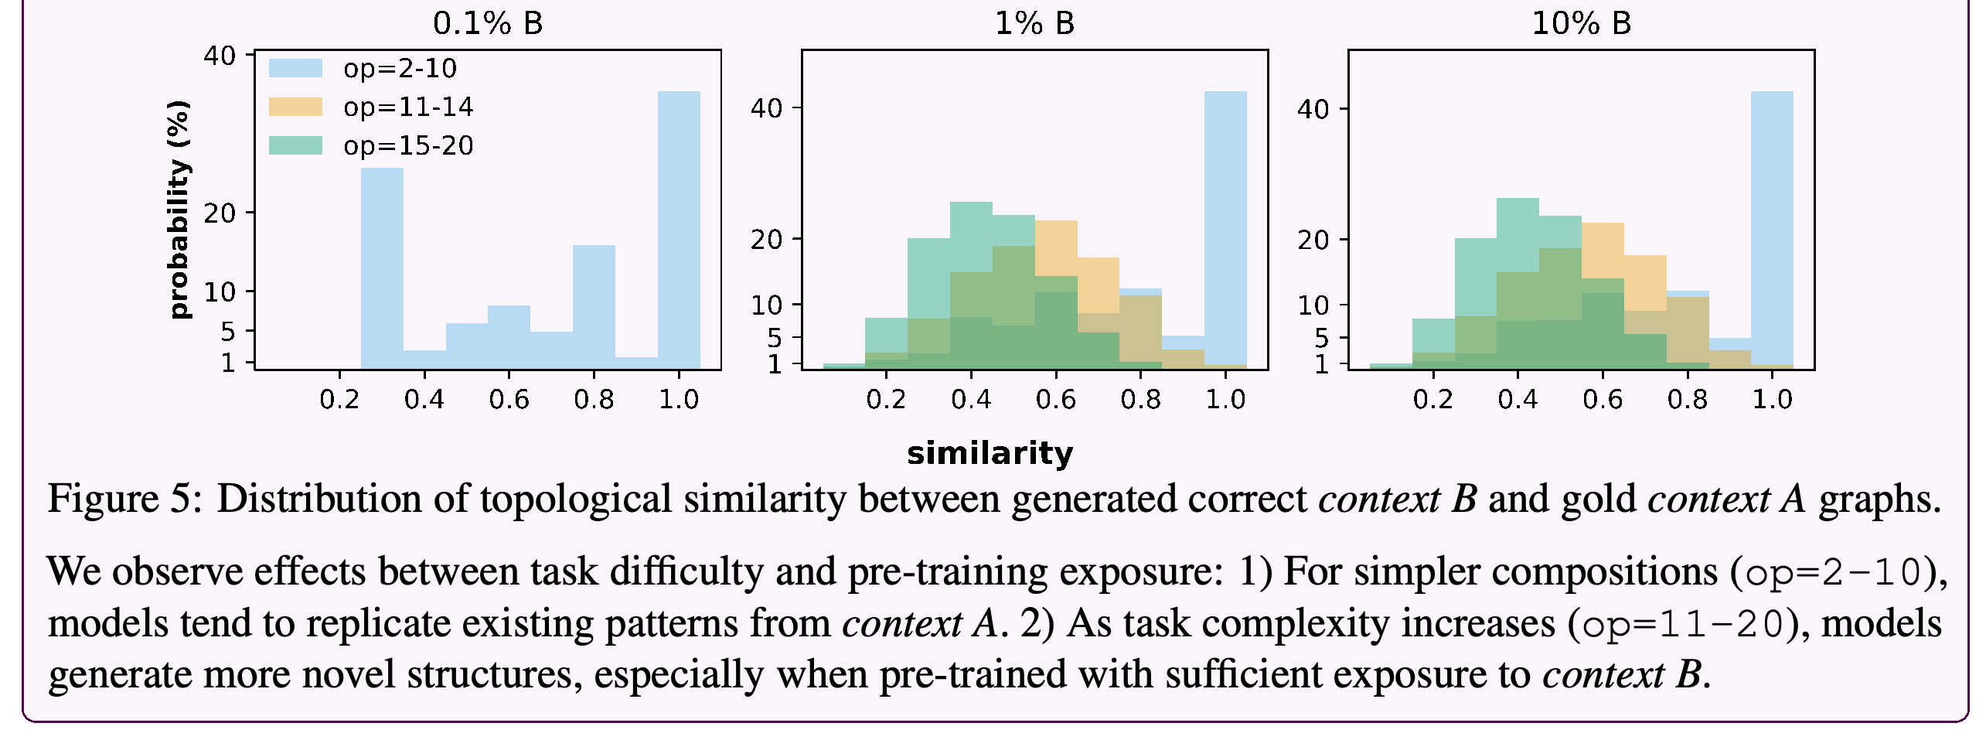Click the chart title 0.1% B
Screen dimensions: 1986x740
(x=488, y=23)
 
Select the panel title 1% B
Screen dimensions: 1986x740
(x=1034, y=23)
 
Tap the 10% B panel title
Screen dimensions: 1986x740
(x=1581, y=23)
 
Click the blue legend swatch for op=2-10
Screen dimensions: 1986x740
(x=295, y=68)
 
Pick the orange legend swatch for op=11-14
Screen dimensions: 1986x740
(x=295, y=107)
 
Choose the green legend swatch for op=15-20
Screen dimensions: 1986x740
(x=295, y=145)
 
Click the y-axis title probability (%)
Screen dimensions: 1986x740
(x=179, y=210)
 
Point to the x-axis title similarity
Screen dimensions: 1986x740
(x=990, y=453)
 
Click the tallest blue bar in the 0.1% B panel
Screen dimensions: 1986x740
(x=679, y=230)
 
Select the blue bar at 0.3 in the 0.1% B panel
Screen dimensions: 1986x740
(x=382, y=269)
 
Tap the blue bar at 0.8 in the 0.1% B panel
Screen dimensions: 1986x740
(x=594, y=308)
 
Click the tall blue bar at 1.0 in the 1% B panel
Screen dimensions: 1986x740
(x=1225, y=230)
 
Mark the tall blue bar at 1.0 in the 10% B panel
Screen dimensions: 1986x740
(x=1772, y=230)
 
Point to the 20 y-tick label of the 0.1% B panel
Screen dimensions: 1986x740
(x=220, y=213)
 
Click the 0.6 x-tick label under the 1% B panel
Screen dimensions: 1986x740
(x=1055, y=400)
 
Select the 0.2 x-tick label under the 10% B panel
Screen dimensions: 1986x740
(x=1432, y=400)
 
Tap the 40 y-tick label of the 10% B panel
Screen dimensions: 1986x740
(x=1313, y=109)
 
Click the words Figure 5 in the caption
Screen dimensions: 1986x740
(x=118, y=499)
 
